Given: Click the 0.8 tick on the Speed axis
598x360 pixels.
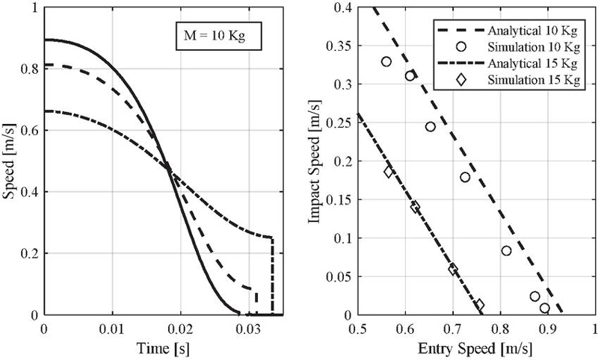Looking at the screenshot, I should coord(30,68).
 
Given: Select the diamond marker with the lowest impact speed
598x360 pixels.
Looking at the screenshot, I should coord(480,305).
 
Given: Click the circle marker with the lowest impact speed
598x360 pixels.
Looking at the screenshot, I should coord(545,308).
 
